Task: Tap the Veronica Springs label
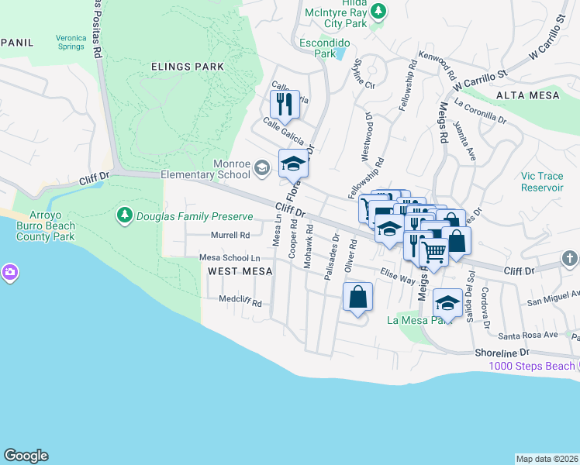(x=81, y=42)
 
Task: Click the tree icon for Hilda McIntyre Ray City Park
(x=378, y=11)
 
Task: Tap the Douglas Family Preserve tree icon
(x=124, y=215)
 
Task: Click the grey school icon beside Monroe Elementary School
(x=262, y=167)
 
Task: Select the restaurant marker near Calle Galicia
(x=284, y=104)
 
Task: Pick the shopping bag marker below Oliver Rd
(x=357, y=297)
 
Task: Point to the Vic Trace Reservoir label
(x=542, y=181)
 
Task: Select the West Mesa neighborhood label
(x=240, y=270)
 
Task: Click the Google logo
(x=26, y=456)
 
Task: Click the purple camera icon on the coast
(x=9, y=272)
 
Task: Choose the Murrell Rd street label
(x=230, y=235)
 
